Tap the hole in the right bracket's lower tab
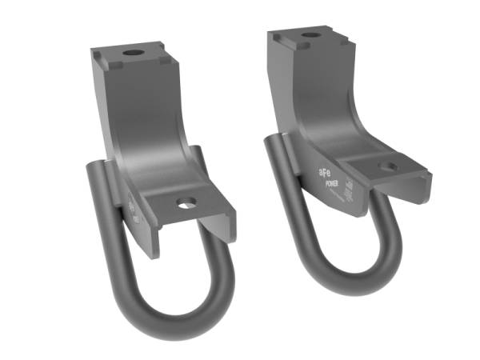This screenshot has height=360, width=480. pos(388,167)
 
